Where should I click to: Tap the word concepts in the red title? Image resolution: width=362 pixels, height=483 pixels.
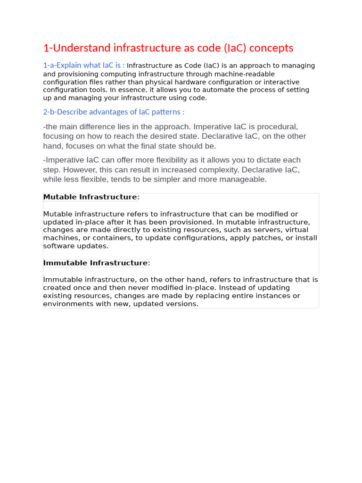coord(271,48)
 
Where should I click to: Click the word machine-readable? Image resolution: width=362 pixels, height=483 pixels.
coord(245,74)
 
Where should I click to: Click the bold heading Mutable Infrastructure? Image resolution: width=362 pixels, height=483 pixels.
coord(90,197)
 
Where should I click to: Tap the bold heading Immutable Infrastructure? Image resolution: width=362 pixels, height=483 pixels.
coord(96,263)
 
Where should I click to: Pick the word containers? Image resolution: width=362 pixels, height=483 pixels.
coord(108,238)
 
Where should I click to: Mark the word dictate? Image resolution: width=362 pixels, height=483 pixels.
coord(269,160)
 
